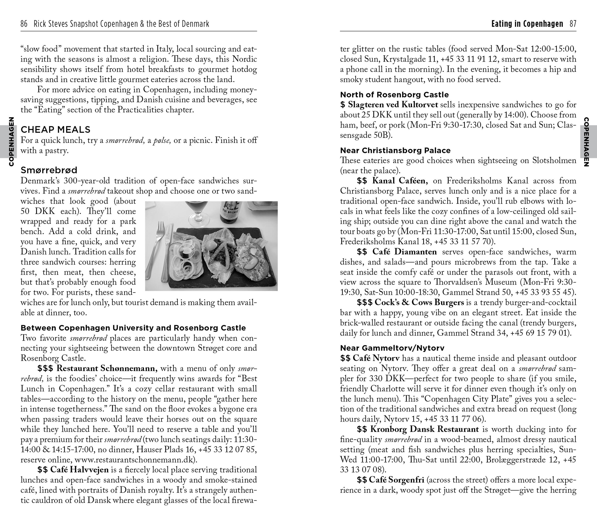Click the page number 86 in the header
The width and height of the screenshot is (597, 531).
(x=24, y=24)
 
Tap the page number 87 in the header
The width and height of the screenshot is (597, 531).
(x=573, y=24)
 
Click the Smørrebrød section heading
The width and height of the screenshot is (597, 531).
(x=49, y=170)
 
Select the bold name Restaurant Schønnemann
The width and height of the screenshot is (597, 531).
(x=107, y=369)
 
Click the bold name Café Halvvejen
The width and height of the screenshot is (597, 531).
(x=79, y=470)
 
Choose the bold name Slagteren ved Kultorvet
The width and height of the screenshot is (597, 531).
(x=393, y=105)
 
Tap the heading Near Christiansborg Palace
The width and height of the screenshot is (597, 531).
(x=395, y=150)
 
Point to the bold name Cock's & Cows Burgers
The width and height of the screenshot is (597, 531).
(x=419, y=302)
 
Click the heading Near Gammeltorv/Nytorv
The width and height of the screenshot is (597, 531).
(x=392, y=348)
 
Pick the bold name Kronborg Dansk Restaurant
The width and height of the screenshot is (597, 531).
(x=424, y=429)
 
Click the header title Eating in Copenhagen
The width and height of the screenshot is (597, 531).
(x=527, y=24)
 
